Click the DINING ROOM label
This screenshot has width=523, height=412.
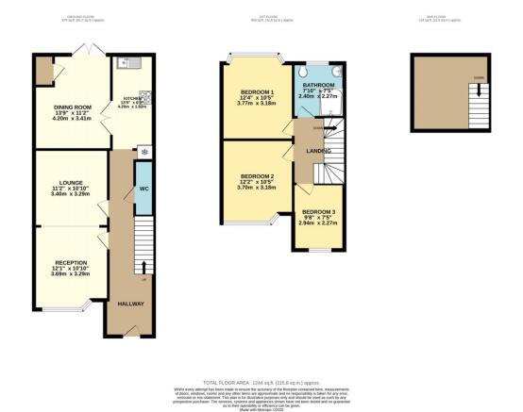coord(71,107)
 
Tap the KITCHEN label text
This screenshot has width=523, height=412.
coord(128,98)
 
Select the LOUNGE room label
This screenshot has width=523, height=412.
coord(71,182)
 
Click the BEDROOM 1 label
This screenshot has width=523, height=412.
coord(256,91)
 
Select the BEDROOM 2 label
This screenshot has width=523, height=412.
coord(256,176)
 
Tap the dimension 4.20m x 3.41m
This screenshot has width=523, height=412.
coord(71,121)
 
